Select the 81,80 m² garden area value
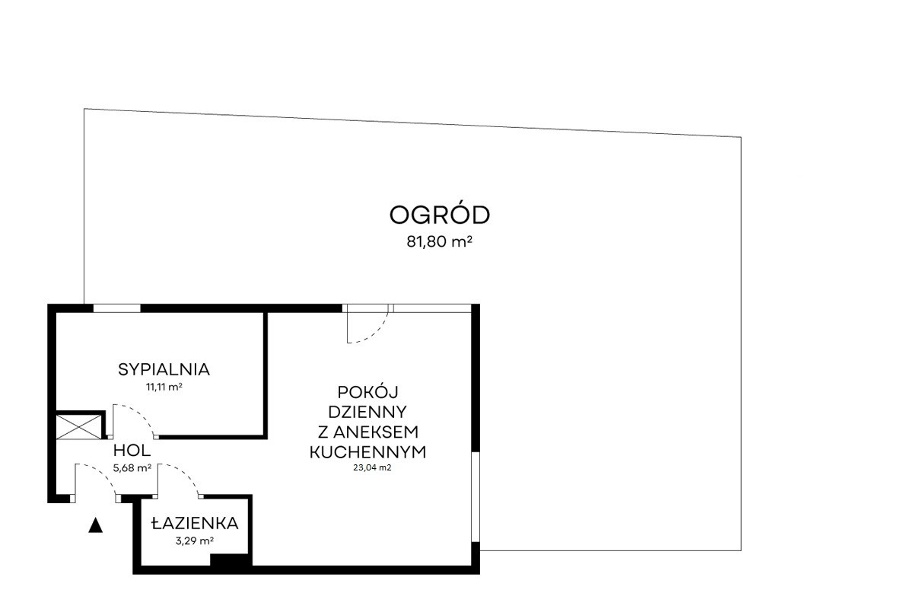tap(440, 242)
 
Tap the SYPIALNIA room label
tap(164, 369)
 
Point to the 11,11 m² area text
tap(164, 387)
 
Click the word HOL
tap(132, 451)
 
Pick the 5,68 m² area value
tap(132, 468)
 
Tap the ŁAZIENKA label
tap(195, 522)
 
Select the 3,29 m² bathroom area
tap(195, 541)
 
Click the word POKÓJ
tap(367, 391)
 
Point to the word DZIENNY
tap(367, 412)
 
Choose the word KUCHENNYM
tap(367, 452)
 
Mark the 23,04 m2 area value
tap(372, 468)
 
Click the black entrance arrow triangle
tap(95, 525)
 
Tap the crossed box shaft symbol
tap(78, 427)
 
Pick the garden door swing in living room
tap(375, 333)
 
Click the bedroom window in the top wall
tap(117, 308)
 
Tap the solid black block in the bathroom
tap(231, 560)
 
